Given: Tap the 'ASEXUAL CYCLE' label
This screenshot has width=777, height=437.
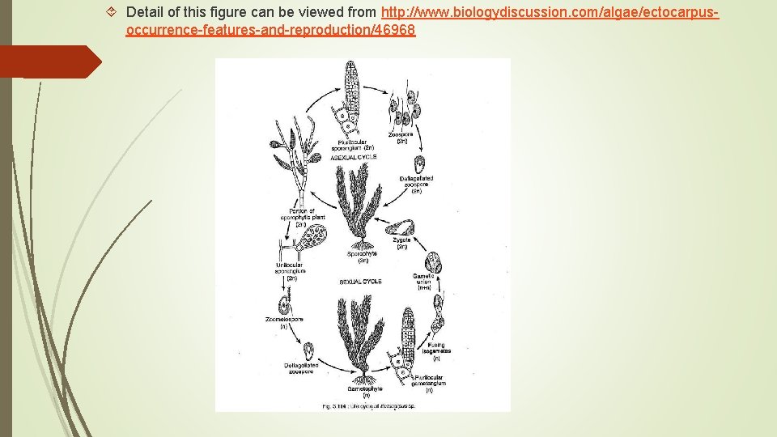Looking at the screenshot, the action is [354, 157].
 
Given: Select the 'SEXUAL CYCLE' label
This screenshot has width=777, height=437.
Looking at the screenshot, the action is [360, 282].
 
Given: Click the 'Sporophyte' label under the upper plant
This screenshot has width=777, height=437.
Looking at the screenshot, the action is [362, 257].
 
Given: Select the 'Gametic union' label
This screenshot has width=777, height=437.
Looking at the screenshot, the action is [425, 282].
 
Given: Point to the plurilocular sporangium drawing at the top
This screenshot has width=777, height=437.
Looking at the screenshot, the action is [350, 97].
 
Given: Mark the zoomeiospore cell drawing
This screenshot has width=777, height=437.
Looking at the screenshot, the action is [284, 307].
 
